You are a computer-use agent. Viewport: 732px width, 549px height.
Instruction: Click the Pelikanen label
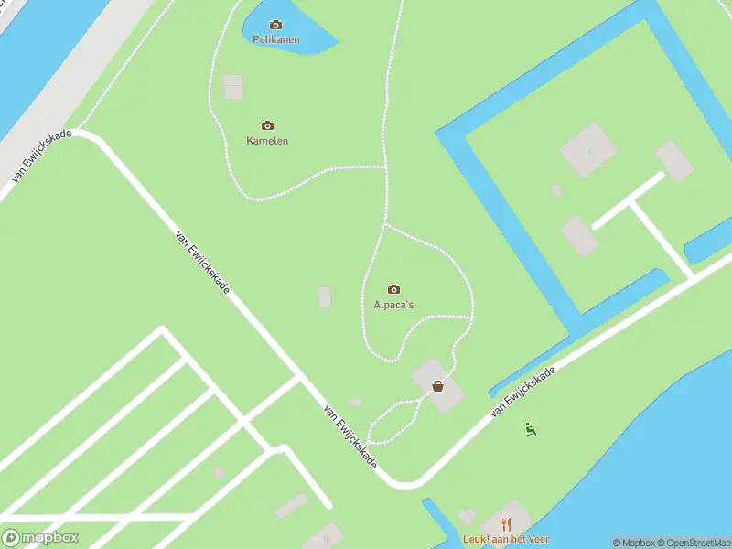coord(276,40)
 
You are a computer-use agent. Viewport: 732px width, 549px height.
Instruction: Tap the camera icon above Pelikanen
coord(276,25)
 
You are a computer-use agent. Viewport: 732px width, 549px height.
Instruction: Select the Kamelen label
coord(267,141)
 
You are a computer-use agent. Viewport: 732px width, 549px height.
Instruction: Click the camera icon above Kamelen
coord(267,125)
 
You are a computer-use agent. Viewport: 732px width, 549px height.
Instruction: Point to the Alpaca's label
coord(394,305)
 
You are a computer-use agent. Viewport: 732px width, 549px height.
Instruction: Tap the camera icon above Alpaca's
coord(394,289)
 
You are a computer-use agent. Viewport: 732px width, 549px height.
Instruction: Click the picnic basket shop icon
coord(438,385)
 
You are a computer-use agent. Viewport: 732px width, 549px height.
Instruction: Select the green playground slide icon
coord(530,427)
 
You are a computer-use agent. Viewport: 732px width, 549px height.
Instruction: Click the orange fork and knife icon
coord(505,524)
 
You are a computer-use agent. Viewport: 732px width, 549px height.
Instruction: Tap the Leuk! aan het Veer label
coord(505,539)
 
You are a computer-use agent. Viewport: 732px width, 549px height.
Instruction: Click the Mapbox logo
coord(40,538)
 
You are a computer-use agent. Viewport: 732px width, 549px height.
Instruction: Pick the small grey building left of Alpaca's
coord(324,296)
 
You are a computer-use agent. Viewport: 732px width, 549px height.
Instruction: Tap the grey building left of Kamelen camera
coord(233,87)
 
